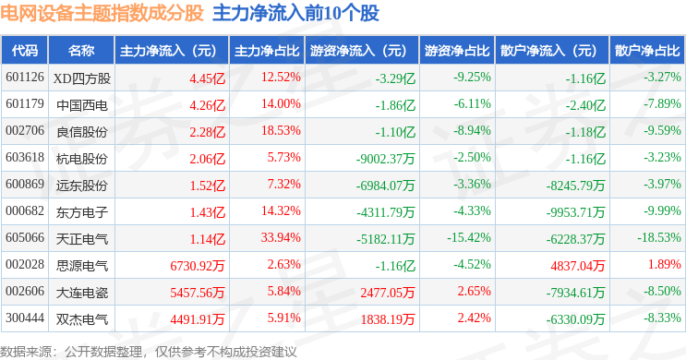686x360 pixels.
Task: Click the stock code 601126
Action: pyautogui.click(x=25, y=77)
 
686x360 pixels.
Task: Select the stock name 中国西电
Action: pyautogui.click(x=82, y=105)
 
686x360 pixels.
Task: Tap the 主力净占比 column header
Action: pyautogui.click(x=267, y=51)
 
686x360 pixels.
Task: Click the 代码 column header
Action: pyautogui.click(x=25, y=51)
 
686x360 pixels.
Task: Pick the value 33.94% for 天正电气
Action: pyautogui.click(x=281, y=237)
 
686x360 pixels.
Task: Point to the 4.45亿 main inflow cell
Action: pyautogui.click(x=208, y=78)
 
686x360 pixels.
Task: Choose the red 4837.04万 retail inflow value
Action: pyautogui.click(x=577, y=266)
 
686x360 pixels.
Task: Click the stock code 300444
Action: pyautogui.click(x=25, y=318)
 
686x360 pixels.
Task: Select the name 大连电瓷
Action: pyautogui.click(x=82, y=293)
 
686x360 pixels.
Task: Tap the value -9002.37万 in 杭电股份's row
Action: pyautogui.click(x=385, y=159)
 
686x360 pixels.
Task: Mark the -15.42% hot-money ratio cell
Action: pyautogui.click(x=468, y=237)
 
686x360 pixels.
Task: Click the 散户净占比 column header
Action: pyautogui.click(x=647, y=51)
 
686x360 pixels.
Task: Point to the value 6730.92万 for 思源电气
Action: pyautogui.click(x=198, y=266)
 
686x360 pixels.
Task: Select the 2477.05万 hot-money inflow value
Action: pyautogui.click(x=388, y=293)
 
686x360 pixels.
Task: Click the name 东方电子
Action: pyautogui.click(x=82, y=212)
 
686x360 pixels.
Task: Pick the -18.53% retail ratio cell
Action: pyautogui.click(x=659, y=237)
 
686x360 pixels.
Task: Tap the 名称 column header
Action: pyautogui.click(x=81, y=51)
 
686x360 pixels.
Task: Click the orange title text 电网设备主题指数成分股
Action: pyautogui.click(x=102, y=13)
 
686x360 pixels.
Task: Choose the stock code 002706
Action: pyautogui.click(x=25, y=130)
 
